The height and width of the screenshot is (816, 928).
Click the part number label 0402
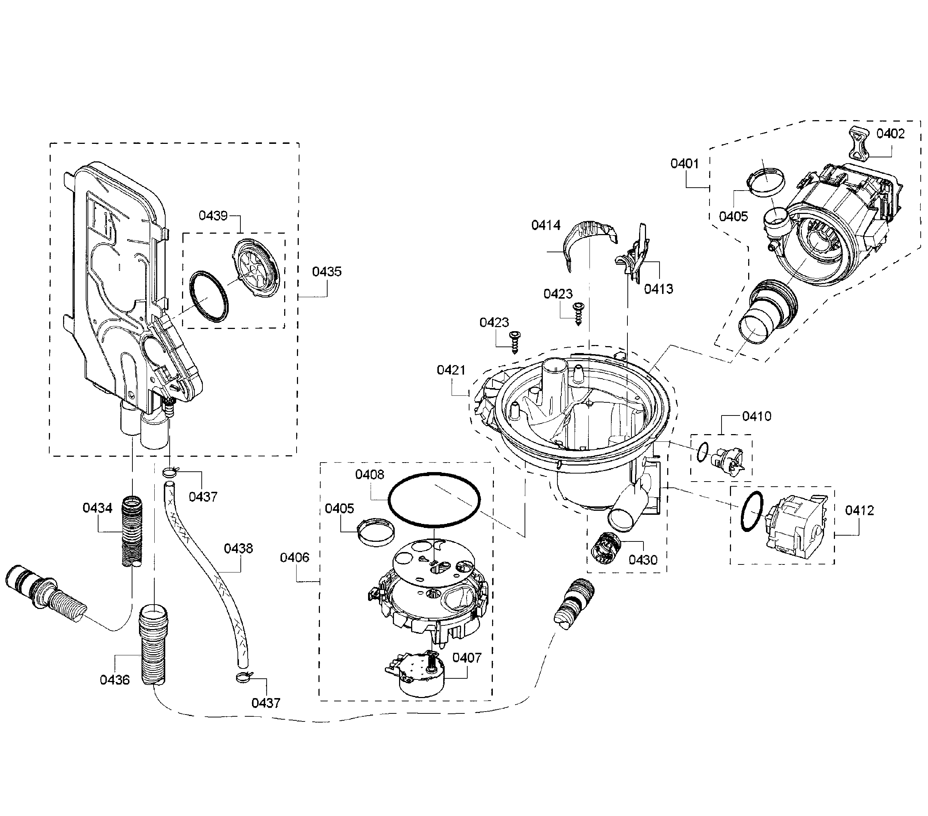[x=890, y=134]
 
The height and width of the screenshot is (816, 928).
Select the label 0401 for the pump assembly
[x=685, y=164]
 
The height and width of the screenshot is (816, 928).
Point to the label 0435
[x=326, y=272]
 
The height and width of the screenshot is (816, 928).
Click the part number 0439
[x=213, y=215]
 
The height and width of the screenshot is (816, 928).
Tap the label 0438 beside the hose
[x=238, y=548]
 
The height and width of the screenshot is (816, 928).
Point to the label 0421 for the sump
[x=451, y=370]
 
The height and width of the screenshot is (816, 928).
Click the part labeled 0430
[x=606, y=548]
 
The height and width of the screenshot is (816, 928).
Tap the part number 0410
[x=757, y=416]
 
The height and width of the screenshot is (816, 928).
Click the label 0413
[x=658, y=289]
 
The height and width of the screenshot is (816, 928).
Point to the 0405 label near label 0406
[x=339, y=509]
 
